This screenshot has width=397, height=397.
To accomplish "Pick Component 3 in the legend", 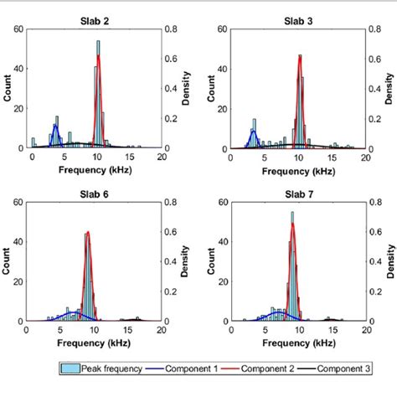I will (339, 367).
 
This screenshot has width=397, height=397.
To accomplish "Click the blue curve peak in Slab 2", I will (55, 126).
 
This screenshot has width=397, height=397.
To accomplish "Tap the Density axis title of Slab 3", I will (389, 88).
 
